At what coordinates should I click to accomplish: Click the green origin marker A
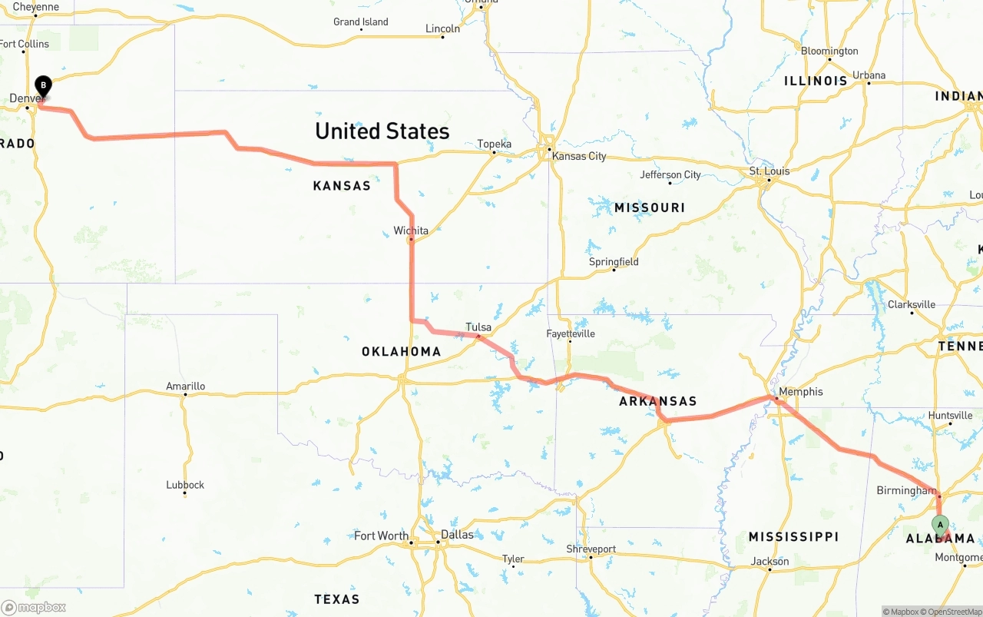pyautogui.click(x=940, y=525)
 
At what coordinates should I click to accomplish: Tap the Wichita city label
pyautogui.click(x=411, y=231)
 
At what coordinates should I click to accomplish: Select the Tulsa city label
pyautogui.click(x=478, y=327)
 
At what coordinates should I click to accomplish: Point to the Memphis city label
pyautogui.click(x=800, y=392)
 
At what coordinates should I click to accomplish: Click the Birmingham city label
pyautogui.click(x=906, y=490)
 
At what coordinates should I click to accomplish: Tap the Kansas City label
pyautogui.click(x=579, y=156)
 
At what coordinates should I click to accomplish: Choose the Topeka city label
pyautogui.click(x=494, y=144)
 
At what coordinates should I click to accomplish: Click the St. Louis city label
pyautogui.click(x=769, y=171)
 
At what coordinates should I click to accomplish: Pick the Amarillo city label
pyautogui.click(x=186, y=386)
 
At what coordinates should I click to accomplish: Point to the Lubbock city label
pyautogui.click(x=185, y=485)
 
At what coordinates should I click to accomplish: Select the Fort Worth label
pyautogui.click(x=381, y=536)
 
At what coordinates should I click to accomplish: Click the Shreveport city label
pyautogui.click(x=591, y=549)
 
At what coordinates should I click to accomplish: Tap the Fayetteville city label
pyautogui.click(x=571, y=333)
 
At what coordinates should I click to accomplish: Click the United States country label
pyautogui.click(x=382, y=131)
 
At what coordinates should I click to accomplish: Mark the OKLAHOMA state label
pyautogui.click(x=401, y=352)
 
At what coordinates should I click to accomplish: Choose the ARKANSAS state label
pyautogui.click(x=658, y=401)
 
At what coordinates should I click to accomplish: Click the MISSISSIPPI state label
pyautogui.click(x=793, y=536)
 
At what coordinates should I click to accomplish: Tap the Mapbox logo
pyautogui.click(x=34, y=607)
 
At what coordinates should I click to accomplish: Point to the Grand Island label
pyautogui.click(x=360, y=22)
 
